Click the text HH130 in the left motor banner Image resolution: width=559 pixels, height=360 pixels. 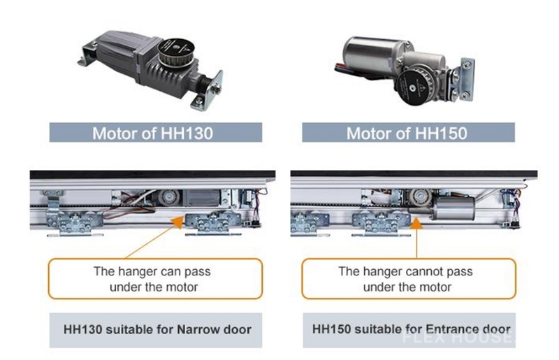187,133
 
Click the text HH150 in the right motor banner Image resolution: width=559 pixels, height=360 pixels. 441,133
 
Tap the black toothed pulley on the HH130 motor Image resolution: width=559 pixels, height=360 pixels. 176,52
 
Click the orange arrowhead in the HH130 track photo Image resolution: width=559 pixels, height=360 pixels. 178,222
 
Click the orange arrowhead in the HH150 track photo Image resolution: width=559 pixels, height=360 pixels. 416,223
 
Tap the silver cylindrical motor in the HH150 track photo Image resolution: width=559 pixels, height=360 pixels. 453,208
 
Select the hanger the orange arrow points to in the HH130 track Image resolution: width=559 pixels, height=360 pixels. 212,224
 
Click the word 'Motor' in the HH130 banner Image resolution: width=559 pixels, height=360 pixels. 115,133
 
